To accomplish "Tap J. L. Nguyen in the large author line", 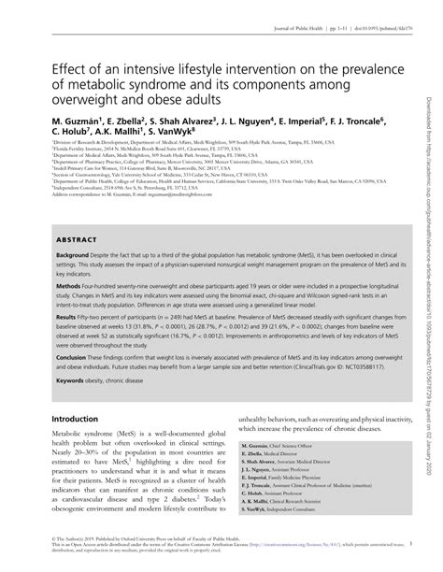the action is (244, 121).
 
